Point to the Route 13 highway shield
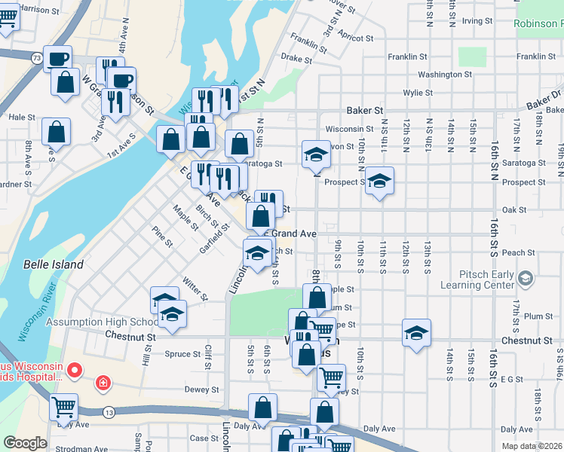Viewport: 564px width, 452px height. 110,411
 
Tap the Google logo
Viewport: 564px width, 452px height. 24,443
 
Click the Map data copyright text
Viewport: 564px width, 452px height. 531,446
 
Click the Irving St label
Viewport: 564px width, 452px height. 477,20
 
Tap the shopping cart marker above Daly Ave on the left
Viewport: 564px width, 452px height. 63,406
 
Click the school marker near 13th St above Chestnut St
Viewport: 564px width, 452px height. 416,331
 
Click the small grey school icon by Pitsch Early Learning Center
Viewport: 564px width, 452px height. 526,279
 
